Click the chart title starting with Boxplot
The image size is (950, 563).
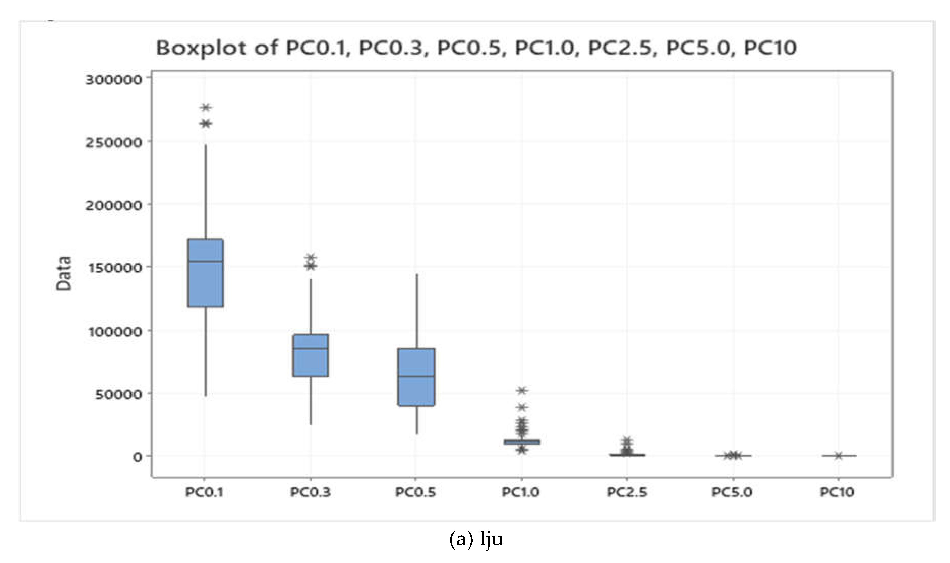(476, 48)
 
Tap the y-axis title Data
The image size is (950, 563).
(64, 274)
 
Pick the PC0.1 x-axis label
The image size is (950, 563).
(204, 493)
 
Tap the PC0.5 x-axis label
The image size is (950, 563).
(415, 493)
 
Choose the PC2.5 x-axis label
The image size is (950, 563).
(626, 493)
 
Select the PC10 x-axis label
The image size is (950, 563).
(837, 493)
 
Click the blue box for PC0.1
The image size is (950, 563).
(206, 273)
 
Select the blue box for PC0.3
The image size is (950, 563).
(311, 355)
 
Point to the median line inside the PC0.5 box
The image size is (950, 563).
(416, 376)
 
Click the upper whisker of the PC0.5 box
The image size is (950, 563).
(417, 311)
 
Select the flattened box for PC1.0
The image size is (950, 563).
(522, 442)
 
